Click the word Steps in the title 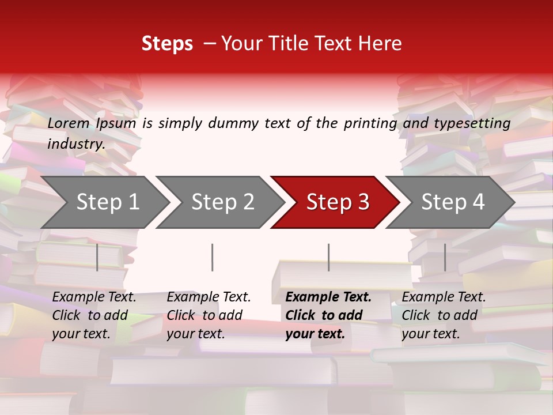click(167, 44)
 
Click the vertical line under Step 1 click(97, 257)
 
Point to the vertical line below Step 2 click(213, 257)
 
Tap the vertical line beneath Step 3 click(329, 257)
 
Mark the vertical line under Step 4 click(445, 257)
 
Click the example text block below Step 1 click(94, 315)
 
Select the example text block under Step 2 click(209, 315)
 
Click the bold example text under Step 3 click(328, 315)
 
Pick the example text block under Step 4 click(444, 315)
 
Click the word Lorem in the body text click(69, 123)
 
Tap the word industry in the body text click(76, 144)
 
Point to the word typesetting click(472, 123)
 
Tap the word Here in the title click(380, 44)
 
